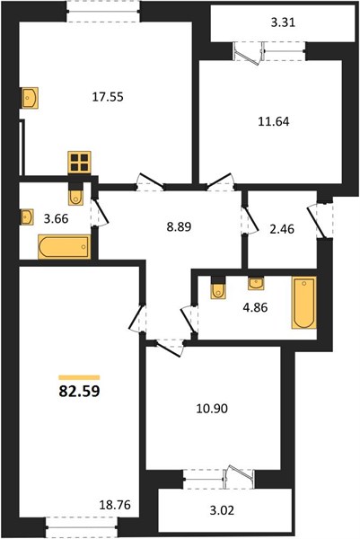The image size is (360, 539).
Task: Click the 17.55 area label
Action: pyautogui.click(x=108, y=97)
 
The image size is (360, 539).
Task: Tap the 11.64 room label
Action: pyautogui.click(x=274, y=121)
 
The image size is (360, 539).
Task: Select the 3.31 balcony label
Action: pyautogui.click(x=283, y=23)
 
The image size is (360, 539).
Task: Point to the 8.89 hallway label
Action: pyautogui.click(x=179, y=227)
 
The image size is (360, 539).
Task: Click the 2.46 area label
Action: pyautogui.click(x=282, y=229)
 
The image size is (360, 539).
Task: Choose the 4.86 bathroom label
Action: pyautogui.click(x=255, y=307)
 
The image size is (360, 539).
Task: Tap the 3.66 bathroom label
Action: pyautogui.click(x=56, y=218)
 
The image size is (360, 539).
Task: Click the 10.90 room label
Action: pyautogui.click(x=212, y=409)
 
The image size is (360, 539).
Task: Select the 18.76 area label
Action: pyautogui.click(x=115, y=505)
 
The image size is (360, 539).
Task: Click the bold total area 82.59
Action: pyautogui.click(x=79, y=391)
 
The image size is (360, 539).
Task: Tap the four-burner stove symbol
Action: pyautogui.click(x=79, y=163)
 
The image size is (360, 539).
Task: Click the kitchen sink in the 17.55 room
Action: pyautogui.click(x=30, y=98)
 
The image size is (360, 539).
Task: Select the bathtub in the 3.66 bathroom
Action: pyautogui.click(x=65, y=246)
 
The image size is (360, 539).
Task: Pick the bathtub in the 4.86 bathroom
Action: pyautogui.click(x=303, y=303)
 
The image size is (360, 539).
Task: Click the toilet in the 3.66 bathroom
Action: pyautogui.click(x=75, y=196)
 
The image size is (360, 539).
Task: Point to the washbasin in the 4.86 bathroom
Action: pyautogui.click(x=256, y=283)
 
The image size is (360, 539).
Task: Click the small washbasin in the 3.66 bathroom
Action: pyautogui.click(x=26, y=216)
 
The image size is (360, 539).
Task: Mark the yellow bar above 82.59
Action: pyautogui.click(x=79, y=377)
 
